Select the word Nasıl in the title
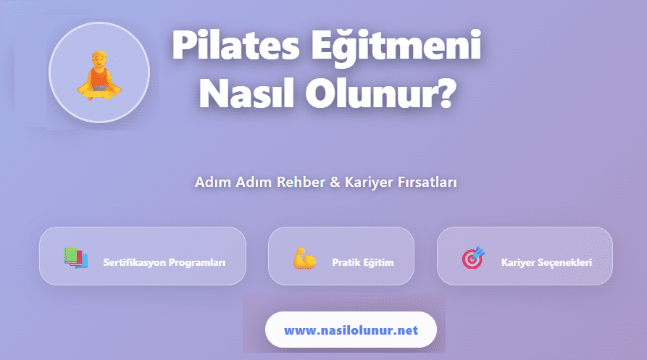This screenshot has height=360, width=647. click(x=243, y=93)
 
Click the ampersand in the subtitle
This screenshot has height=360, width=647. click(x=335, y=183)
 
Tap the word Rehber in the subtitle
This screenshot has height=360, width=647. click(x=302, y=183)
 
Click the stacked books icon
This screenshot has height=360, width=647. click(x=75, y=257)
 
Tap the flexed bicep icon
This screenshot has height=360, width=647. click(x=304, y=257)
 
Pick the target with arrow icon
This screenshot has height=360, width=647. click(x=473, y=257)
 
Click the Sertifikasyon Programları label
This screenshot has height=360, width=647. click(x=164, y=262)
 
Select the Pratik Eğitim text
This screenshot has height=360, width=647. click(x=362, y=262)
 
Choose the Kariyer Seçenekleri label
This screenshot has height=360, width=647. click(x=546, y=262)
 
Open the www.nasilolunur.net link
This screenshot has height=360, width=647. click(x=351, y=330)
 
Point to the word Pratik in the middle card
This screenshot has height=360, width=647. click(x=345, y=262)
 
